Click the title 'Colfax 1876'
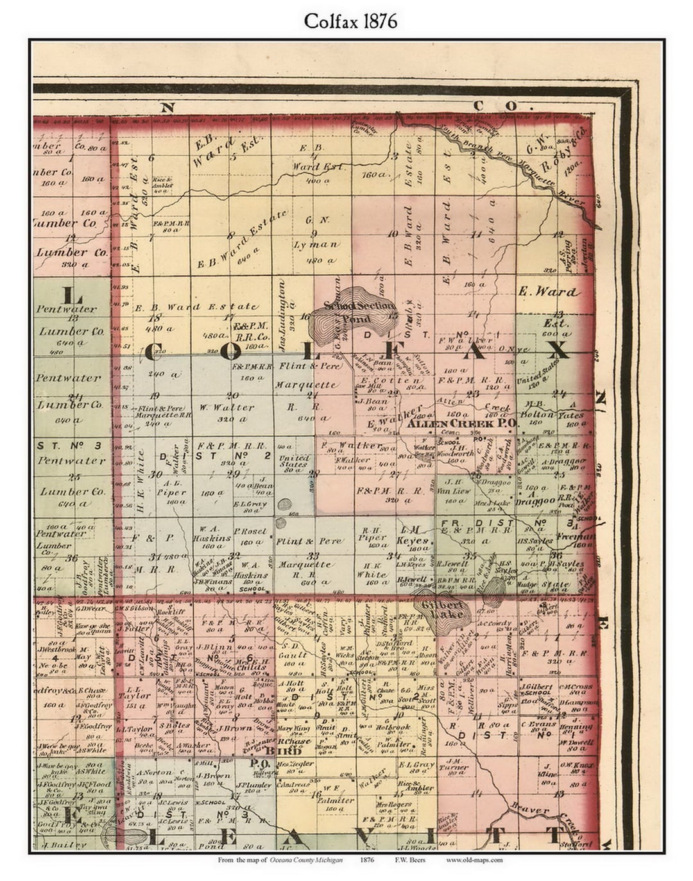(350, 21)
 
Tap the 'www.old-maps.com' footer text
(474, 860)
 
